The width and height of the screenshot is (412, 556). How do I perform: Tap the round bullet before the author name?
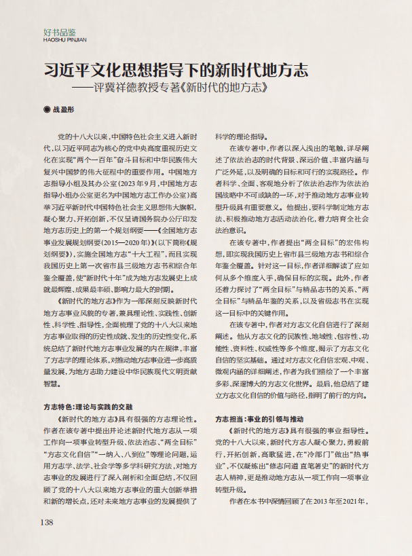point(46,109)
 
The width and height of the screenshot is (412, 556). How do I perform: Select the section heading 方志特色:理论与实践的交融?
point(88,406)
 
